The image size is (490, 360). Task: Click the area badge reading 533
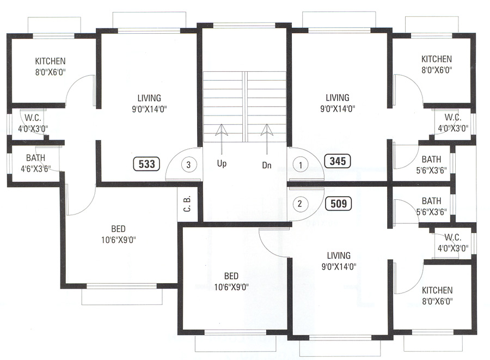pos(147,163)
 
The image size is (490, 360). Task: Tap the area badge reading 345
pos(338,161)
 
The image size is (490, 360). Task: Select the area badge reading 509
pos(338,204)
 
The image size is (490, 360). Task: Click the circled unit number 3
pos(188,163)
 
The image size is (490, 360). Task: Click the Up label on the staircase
pos(222,163)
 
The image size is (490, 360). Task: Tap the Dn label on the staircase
pos(266,163)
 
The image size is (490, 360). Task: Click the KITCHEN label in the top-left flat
pos(50,61)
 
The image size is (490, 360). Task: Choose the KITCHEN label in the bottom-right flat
pos(437,291)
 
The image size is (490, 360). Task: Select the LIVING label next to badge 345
pos(338,98)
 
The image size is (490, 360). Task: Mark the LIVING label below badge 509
pos(339,255)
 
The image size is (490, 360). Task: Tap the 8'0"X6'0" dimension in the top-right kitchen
pos(437,70)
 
